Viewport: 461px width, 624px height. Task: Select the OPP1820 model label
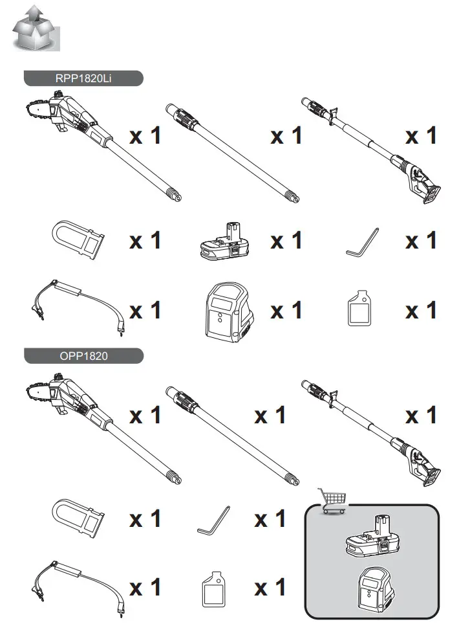coord(83,357)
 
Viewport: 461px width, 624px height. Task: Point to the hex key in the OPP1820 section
coord(214,520)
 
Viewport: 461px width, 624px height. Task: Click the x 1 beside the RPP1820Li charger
coord(286,311)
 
